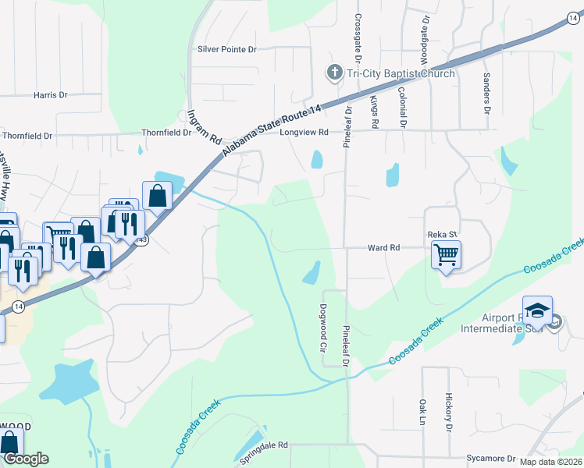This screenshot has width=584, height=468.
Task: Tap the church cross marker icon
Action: pos(334,73)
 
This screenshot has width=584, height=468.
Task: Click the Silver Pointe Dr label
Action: pos(227,49)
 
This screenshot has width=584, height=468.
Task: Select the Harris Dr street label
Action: pos(51,95)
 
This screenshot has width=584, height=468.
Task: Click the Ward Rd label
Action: pos(383,247)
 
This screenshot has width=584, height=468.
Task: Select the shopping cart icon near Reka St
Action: pos(446,253)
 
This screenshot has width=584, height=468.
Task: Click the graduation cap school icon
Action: pos(537,311)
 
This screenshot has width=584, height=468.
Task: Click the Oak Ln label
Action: pos(422,412)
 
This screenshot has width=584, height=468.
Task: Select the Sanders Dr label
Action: pos(486,93)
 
